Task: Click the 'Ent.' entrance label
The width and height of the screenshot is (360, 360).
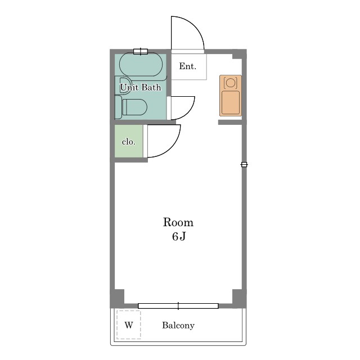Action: click(187, 66)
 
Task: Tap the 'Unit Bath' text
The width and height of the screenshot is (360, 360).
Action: click(140, 87)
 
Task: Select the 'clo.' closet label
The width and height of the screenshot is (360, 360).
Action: click(129, 142)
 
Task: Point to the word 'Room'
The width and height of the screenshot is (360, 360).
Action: click(178, 222)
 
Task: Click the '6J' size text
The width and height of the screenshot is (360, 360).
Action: click(179, 236)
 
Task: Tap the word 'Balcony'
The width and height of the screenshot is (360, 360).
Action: click(178, 325)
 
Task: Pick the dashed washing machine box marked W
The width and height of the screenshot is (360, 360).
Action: click(129, 325)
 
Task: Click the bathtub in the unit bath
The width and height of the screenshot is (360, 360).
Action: click(141, 65)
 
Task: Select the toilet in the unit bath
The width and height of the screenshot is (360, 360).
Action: click(134, 107)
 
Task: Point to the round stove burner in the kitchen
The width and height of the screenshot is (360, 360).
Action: click(230, 83)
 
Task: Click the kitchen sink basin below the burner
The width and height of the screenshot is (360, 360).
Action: click(231, 102)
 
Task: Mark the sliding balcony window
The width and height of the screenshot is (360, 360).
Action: click(178, 306)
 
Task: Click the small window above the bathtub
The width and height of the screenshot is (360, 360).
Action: click(141, 51)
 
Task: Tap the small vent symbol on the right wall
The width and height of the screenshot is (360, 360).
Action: click(244, 164)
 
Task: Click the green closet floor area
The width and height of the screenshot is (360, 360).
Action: click(129, 141)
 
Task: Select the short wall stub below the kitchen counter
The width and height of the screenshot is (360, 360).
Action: click(230, 123)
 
